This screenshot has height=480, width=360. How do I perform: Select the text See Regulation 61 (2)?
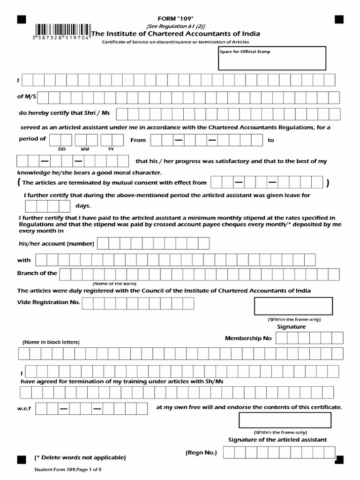point(176,26)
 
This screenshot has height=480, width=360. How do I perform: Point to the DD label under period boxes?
point(61,149)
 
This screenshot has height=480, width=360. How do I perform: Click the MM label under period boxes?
point(85,149)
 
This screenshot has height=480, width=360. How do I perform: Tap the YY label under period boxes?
point(111,149)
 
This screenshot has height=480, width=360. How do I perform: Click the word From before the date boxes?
point(138,140)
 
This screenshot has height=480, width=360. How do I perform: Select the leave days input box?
point(47,206)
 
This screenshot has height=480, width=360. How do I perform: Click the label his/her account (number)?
point(56,244)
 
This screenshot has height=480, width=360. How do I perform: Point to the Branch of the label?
point(37,273)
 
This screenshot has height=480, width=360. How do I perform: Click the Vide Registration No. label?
point(49,302)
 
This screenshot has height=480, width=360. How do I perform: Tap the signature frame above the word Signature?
point(293,306)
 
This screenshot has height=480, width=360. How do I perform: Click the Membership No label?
point(248,338)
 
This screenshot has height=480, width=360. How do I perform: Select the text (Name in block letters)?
point(51,342)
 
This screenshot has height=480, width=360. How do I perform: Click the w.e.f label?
point(24,409)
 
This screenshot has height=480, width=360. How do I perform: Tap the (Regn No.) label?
point(202,452)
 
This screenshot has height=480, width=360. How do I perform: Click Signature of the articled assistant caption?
point(277,440)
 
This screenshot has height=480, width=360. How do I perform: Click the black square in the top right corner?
point(339,19)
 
